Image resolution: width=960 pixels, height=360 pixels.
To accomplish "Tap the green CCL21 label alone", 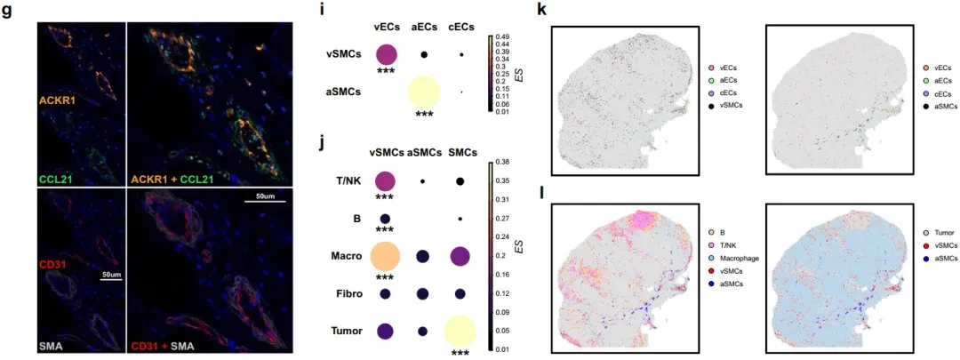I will click(x=59, y=161).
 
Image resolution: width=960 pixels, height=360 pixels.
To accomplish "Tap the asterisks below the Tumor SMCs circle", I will click(x=460, y=354).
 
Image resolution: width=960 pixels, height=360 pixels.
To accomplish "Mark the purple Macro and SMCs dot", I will click(x=460, y=256).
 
